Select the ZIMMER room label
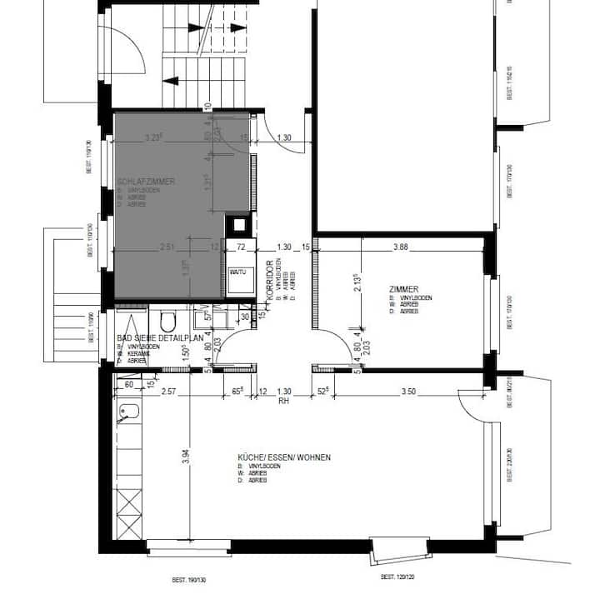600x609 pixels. click(x=403, y=289)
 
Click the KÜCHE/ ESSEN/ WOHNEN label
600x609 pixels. click(x=283, y=457)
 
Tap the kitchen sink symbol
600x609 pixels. click(x=128, y=412)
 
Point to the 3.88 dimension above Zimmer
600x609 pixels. click(x=401, y=247)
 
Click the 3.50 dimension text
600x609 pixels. click(x=407, y=391)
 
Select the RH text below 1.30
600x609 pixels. click(x=283, y=401)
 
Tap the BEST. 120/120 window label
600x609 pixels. click(x=397, y=577)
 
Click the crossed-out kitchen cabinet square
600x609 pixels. click(x=128, y=507)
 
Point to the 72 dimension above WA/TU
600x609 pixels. click(x=241, y=247)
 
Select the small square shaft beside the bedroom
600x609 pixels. click(x=238, y=224)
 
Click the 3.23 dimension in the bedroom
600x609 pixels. click(x=153, y=137)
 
